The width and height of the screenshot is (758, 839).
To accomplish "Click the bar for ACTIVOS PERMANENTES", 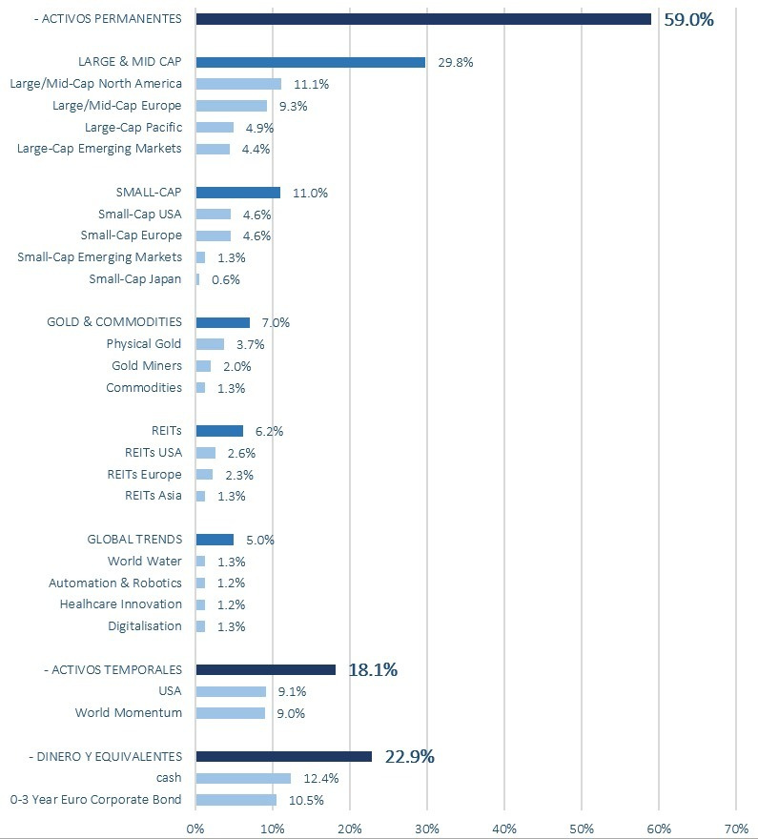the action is coord(423,19).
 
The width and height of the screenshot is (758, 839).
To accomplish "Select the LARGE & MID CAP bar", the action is coord(310,62).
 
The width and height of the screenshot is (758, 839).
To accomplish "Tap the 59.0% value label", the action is coord(688,20).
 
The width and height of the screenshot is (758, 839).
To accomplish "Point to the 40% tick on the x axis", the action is coord(504,829).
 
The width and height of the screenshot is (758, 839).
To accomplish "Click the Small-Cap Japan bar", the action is coord(197,279).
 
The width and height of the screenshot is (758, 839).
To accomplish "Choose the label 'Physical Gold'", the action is coord(143,343).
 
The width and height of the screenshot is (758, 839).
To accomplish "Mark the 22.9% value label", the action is coord(409,757).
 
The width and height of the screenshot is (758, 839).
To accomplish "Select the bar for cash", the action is coord(243,778).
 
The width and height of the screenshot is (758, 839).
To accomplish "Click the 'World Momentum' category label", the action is coord(129,713).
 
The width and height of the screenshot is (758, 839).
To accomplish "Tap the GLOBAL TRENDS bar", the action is coord(215,540).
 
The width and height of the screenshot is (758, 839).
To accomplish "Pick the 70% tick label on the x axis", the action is coord(736,829).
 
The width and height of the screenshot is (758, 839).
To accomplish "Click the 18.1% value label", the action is coord(373,670).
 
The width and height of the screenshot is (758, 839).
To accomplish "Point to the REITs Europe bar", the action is coord(204,475).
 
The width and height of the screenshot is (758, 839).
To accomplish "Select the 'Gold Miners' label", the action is coord(147,365).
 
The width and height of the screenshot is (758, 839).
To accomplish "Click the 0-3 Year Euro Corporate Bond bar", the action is coord(236,800).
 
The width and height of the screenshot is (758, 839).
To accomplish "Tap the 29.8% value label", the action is coord(455,63).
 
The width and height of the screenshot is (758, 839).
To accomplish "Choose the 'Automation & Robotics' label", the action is coord(115,583).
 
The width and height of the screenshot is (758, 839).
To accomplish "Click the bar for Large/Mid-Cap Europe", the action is coord(231,106).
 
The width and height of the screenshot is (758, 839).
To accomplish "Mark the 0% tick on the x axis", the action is coord(195,829).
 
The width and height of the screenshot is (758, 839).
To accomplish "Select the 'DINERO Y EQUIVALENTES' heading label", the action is coord(106,757).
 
